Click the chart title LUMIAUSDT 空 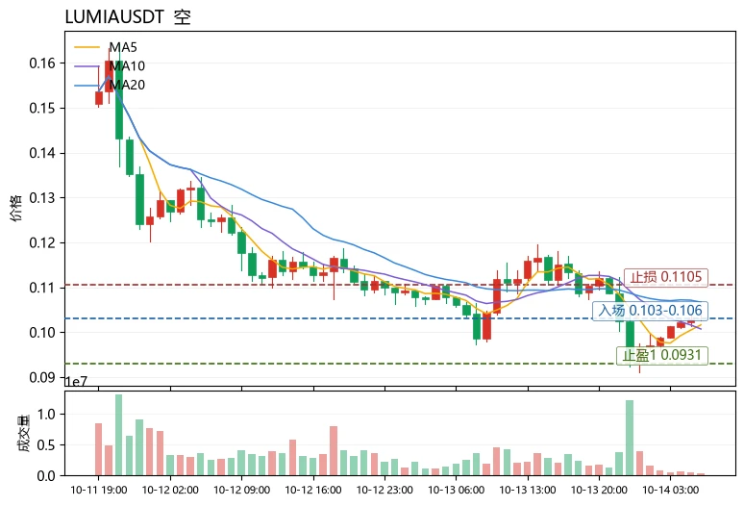click(128, 16)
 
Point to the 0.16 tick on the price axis click(41, 63)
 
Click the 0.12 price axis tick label click(41, 243)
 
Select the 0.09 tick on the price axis click(41, 377)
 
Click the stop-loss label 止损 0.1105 click(666, 277)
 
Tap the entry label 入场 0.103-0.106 click(650, 311)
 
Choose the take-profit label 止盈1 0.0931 click(662, 355)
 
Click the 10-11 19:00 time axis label click(99, 490)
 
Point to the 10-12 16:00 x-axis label click(313, 490)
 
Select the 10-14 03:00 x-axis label click(670, 490)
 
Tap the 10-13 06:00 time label click(456, 490)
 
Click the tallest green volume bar click(118, 435)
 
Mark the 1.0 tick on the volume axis click(46, 415)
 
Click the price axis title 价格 click(15, 208)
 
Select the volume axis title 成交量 click(23, 433)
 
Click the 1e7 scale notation click(76, 382)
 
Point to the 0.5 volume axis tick click(46, 445)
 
